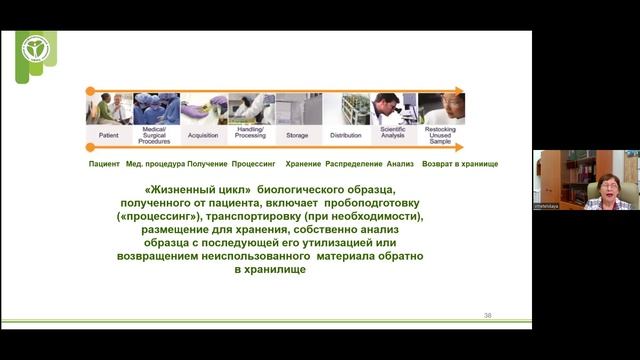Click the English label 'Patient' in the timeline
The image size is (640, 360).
[x=109, y=132]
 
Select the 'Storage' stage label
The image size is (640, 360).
[x=298, y=132]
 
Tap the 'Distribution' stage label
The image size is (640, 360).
[x=346, y=132]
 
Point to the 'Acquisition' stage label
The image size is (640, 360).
[x=204, y=132]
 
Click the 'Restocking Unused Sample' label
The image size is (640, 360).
[x=441, y=137]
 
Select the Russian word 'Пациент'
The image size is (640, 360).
[x=104, y=163]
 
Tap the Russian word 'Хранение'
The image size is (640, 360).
[x=303, y=163]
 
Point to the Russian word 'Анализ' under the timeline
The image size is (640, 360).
[x=401, y=163]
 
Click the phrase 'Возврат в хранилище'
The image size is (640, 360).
[x=460, y=163]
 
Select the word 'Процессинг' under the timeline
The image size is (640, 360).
[x=253, y=163]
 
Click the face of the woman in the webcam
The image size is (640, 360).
[x=607, y=185]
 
